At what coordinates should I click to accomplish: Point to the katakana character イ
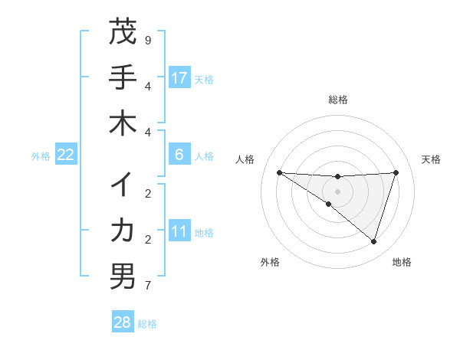(123, 185)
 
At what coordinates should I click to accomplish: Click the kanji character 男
(123, 277)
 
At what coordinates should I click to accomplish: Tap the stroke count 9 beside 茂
(148, 40)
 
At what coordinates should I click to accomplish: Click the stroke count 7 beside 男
(148, 286)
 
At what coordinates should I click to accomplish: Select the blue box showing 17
(179, 77)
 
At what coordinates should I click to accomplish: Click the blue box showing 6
(179, 155)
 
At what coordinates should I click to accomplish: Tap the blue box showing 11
(179, 231)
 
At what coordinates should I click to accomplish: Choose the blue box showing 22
(66, 155)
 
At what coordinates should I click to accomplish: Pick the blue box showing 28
(123, 322)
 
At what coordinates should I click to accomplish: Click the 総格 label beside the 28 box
(148, 324)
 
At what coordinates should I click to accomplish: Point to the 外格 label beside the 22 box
(41, 156)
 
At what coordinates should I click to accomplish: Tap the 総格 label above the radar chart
(337, 100)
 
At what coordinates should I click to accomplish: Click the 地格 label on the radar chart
(402, 263)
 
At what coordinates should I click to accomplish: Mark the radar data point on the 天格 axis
(396, 172)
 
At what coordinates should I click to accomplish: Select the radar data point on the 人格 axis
(279, 172)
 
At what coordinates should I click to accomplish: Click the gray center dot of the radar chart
(337, 191)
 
